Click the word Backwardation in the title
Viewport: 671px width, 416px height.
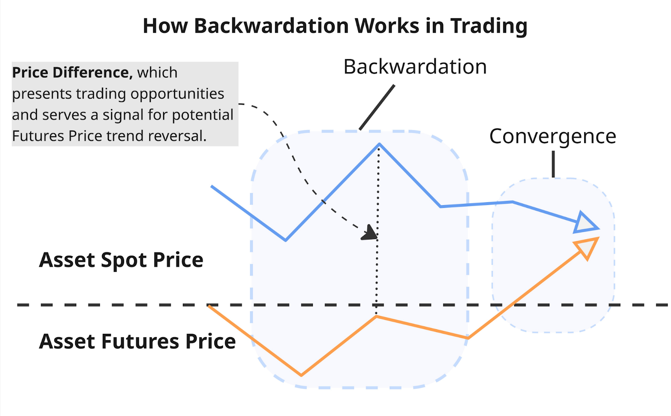point(271,26)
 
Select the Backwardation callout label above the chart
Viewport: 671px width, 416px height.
point(415,67)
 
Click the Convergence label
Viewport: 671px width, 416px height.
point(553,136)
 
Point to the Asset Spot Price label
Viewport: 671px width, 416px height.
point(121,260)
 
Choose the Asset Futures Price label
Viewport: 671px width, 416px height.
point(138,341)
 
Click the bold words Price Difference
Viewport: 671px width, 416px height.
point(72,73)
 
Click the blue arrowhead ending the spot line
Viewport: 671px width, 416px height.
point(585,223)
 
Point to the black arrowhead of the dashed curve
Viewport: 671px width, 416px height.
point(370,233)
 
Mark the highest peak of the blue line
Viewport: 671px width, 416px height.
point(379,145)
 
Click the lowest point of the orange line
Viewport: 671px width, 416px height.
point(302,375)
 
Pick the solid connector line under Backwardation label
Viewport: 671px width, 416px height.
point(377,107)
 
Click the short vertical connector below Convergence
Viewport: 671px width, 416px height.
point(553,164)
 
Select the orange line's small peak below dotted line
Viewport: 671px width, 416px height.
point(376,317)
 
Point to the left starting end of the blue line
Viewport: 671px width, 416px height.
point(211,186)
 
